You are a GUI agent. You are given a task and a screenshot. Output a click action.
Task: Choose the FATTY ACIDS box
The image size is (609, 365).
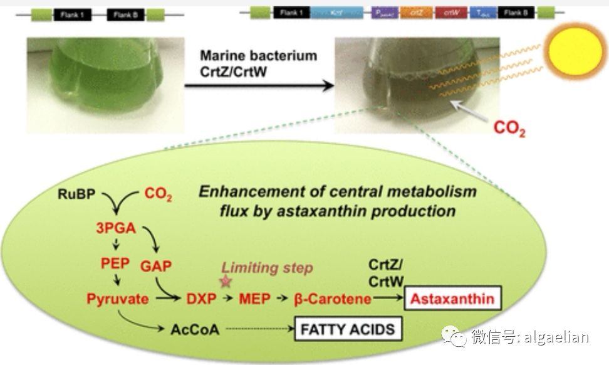[x=348, y=329]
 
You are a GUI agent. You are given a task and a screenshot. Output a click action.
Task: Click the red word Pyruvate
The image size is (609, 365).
[x=118, y=299]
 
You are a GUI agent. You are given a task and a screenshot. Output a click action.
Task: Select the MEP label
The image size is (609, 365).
[x=254, y=299]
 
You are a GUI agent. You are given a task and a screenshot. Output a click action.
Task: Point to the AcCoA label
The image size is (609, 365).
[x=195, y=329]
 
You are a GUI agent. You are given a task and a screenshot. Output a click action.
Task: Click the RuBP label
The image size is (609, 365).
[x=77, y=193]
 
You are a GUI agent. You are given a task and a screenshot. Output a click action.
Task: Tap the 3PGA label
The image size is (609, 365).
[x=115, y=228]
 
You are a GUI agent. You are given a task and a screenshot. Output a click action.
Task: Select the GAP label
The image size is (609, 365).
[x=156, y=266]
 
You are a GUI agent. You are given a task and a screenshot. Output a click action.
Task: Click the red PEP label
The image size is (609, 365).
[x=115, y=262]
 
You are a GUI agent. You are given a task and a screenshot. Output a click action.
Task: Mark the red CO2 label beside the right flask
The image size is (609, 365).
[x=509, y=128]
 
